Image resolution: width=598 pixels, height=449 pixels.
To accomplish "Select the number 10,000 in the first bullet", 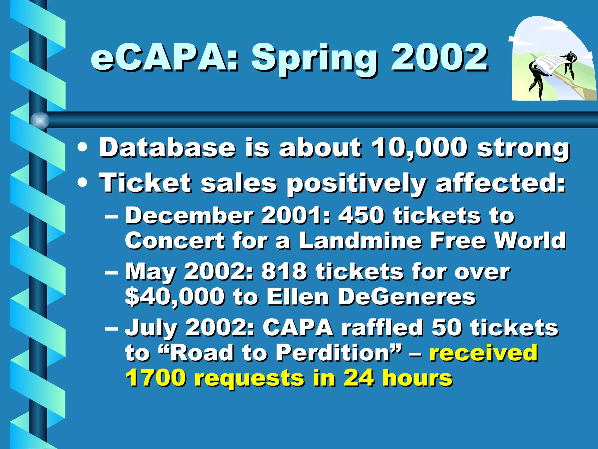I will [x=419, y=148].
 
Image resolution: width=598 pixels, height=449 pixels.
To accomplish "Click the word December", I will [x=190, y=216].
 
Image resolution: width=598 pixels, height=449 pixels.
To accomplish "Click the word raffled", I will [x=383, y=328].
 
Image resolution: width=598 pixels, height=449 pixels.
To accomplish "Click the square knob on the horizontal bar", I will [x=40, y=120].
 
